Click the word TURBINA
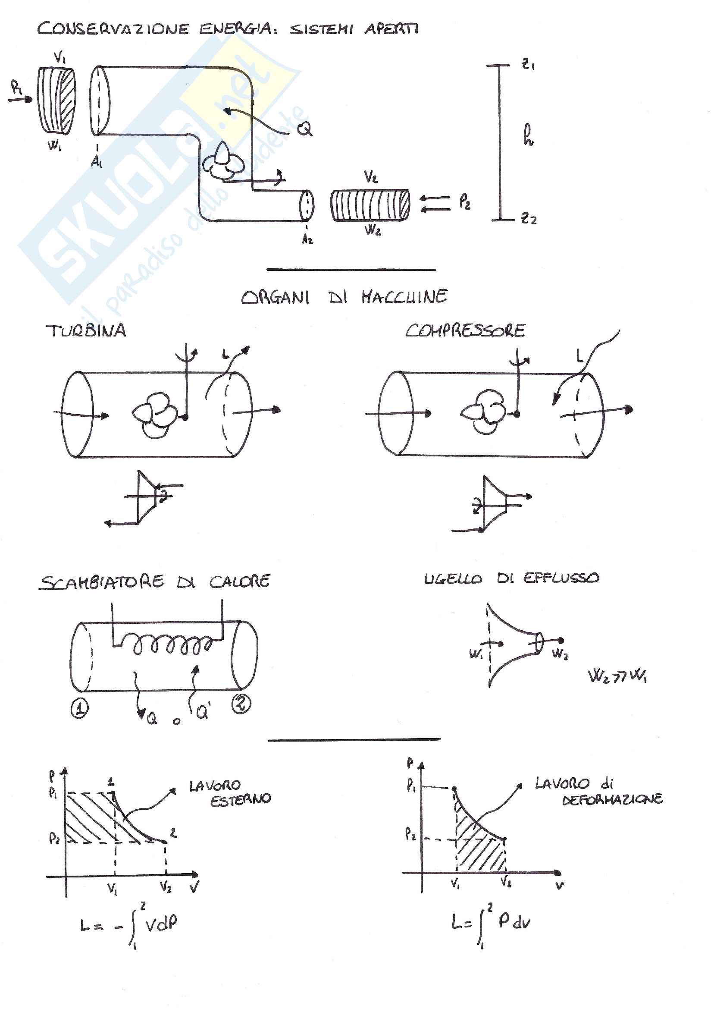(86, 331)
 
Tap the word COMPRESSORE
(465, 330)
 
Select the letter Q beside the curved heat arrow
(304, 129)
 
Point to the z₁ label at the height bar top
(528, 65)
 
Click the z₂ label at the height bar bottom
(529, 218)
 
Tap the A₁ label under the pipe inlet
(96, 162)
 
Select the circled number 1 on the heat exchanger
(80, 709)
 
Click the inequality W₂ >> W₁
(617, 676)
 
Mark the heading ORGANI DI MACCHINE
(344, 297)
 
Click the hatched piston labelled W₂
(370, 205)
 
